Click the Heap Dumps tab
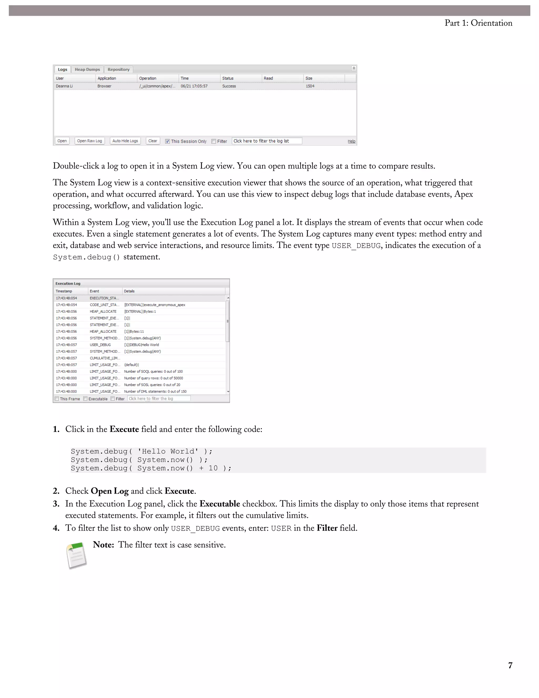pyautogui.click(x=87, y=69)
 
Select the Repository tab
pyautogui.click(x=118, y=69)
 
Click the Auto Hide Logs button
pyautogui.click(x=125, y=141)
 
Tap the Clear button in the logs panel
pyautogui.click(x=153, y=141)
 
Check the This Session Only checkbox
pyautogui.click(x=167, y=141)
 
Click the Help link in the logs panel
pyautogui.click(x=351, y=141)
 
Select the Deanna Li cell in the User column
pyautogui.click(x=64, y=86)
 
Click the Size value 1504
pyautogui.click(x=310, y=86)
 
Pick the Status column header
pyautogui.click(x=228, y=78)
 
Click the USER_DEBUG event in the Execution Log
pyautogui.click(x=100, y=345)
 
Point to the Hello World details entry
pyautogui.click(x=141, y=345)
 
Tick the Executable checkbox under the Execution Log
pyautogui.click(x=85, y=399)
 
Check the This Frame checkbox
pyautogui.click(x=57, y=399)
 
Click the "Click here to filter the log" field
pyautogui.click(x=159, y=399)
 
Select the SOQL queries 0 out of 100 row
pyautogui.click(x=153, y=371)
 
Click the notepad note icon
pyautogui.click(x=77, y=555)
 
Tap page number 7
pyautogui.click(x=510, y=665)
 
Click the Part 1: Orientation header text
pyautogui.click(x=478, y=23)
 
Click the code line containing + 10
pyautogui.click(x=151, y=468)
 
